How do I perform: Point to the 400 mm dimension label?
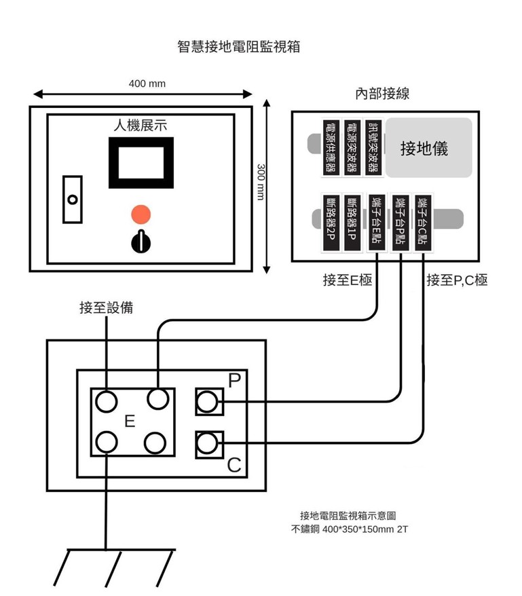(x=147, y=83)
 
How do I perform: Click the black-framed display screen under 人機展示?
(x=141, y=163)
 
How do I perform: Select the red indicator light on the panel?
(x=141, y=214)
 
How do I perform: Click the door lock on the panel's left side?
(x=72, y=199)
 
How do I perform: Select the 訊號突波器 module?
(x=373, y=148)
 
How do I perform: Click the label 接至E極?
(x=347, y=280)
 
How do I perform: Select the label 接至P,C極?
(x=456, y=280)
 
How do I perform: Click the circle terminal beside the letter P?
(x=208, y=403)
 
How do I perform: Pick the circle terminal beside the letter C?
(x=208, y=444)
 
